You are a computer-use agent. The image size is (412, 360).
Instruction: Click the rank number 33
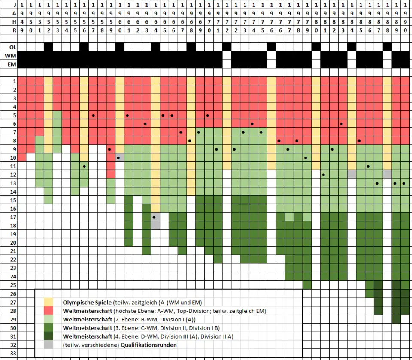pyautogui.click(x=14, y=353)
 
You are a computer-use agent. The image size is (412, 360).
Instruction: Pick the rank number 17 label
pyautogui.click(x=14, y=217)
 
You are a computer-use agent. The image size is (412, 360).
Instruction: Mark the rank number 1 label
pyautogui.click(x=14, y=81)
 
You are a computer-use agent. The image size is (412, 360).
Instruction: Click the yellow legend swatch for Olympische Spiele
pyautogui.click(x=48, y=302)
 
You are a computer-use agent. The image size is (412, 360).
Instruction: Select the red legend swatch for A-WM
pyautogui.click(x=48, y=311)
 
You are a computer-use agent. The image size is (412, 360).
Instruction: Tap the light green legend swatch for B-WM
pyautogui.click(x=48, y=319)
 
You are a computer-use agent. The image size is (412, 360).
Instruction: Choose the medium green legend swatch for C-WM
pyautogui.click(x=48, y=327)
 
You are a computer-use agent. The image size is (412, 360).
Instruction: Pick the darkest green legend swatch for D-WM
pyautogui.click(x=48, y=336)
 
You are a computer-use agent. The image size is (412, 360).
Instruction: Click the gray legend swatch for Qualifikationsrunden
pyautogui.click(x=48, y=345)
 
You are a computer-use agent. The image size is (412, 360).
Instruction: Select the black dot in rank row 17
pyautogui.click(x=154, y=217)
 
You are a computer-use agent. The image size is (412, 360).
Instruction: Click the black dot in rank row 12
pyautogui.click(x=324, y=175)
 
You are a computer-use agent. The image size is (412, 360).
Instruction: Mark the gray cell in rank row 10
pyautogui.click(x=120, y=157)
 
